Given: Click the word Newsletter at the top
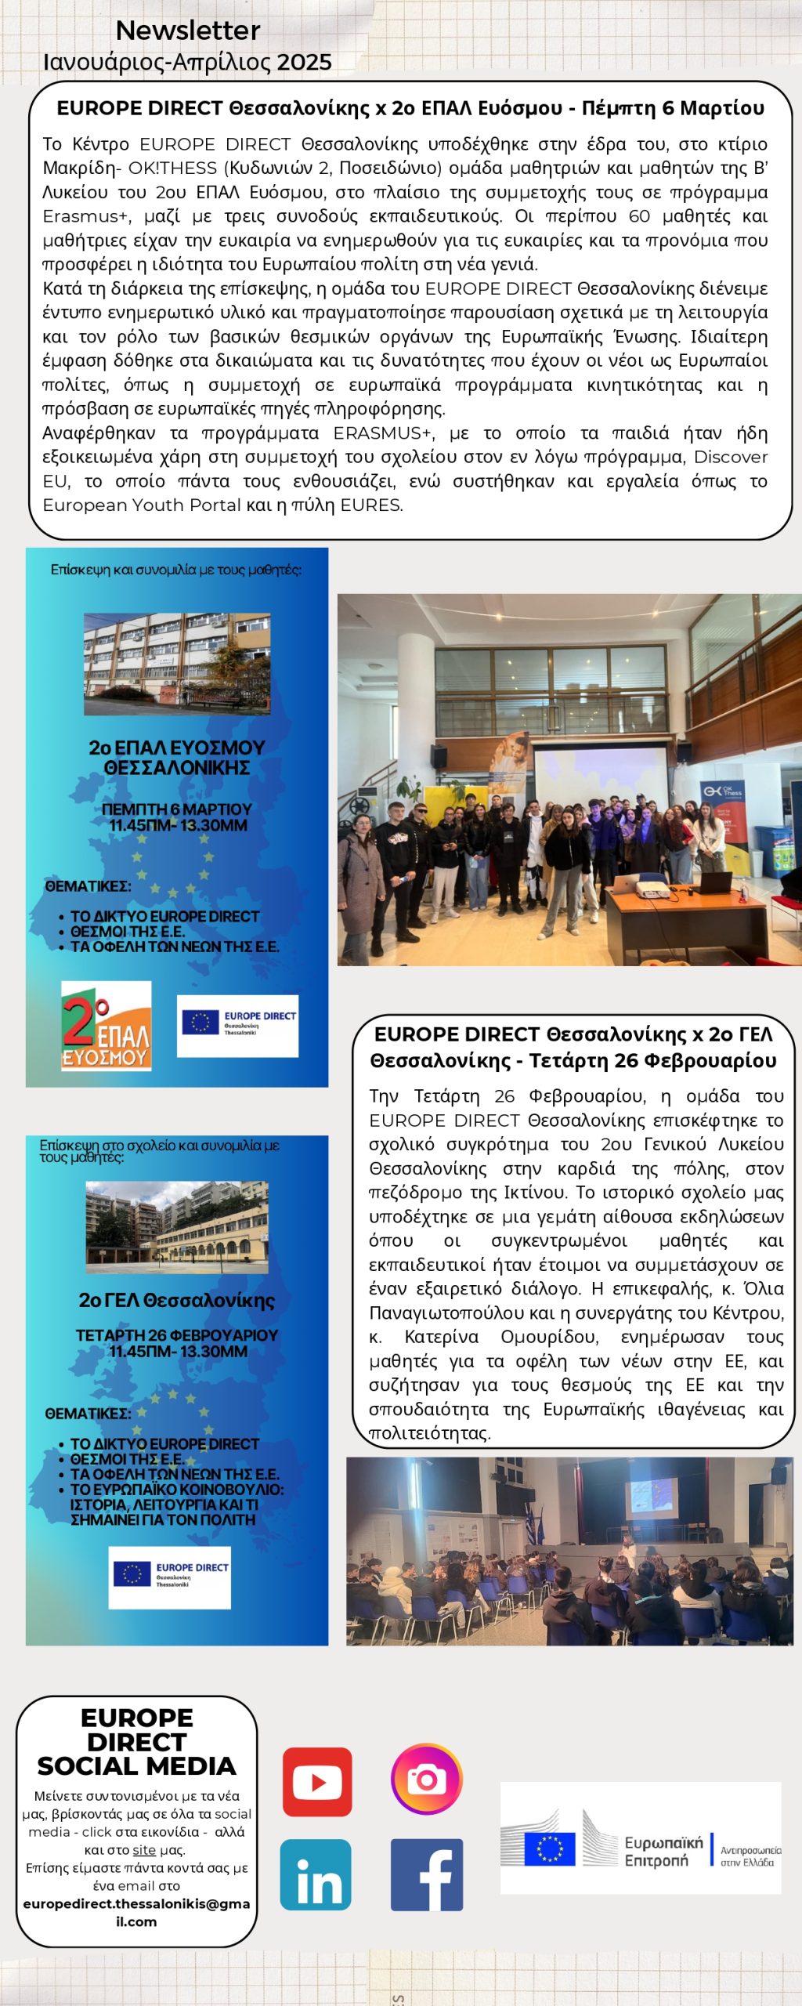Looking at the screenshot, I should tap(188, 31).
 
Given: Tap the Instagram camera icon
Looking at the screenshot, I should tap(427, 1779).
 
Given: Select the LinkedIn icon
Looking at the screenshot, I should tap(316, 1874).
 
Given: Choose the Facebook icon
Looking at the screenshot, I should tap(427, 1874).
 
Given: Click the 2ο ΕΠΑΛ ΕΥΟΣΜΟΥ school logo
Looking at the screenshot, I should tap(106, 1026).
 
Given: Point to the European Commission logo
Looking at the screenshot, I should tap(641, 1838).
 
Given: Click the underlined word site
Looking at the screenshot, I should tap(144, 1850).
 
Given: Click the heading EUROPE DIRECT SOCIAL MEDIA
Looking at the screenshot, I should tap(136, 1741).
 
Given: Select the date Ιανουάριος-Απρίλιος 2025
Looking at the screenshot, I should tap(188, 62).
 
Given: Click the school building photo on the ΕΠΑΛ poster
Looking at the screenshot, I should tap(177, 664).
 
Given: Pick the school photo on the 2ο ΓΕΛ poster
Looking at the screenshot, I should tap(177, 1227).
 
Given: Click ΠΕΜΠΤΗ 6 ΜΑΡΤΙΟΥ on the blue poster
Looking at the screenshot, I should tap(177, 809).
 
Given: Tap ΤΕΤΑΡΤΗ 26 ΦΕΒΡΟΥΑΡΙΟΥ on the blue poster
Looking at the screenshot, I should tap(177, 1334).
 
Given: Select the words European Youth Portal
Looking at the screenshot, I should tap(142, 505).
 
